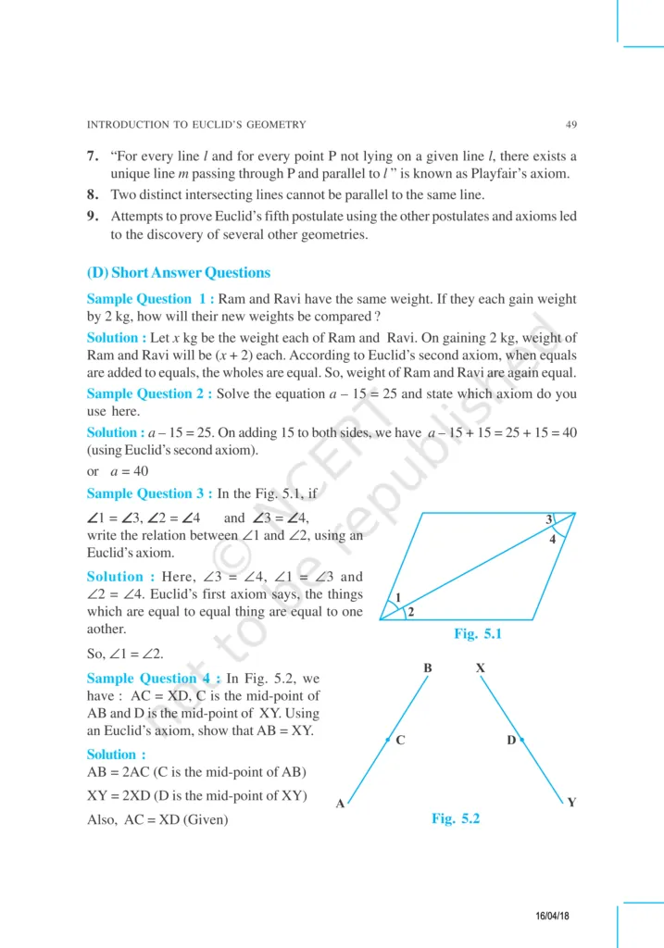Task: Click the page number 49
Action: [x=570, y=124]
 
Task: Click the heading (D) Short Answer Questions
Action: [x=179, y=273]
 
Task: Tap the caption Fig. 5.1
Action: [x=477, y=634]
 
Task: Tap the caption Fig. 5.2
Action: [x=456, y=818]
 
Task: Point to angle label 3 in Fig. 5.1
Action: [x=548, y=519]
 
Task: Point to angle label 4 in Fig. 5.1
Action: [x=552, y=540]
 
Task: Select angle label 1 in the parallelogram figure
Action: [x=398, y=598]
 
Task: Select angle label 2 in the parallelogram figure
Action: [x=409, y=613]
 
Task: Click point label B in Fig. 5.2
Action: [x=428, y=667]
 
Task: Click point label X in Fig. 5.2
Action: [x=480, y=667]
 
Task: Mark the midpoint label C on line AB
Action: [x=399, y=741]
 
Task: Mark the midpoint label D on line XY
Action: [x=510, y=741]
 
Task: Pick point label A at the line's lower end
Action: [x=340, y=805]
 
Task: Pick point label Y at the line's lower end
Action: [x=571, y=803]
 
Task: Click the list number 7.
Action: [x=93, y=156]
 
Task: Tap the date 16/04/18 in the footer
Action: [x=552, y=915]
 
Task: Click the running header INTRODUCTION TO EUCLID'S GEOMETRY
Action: [x=195, y=124]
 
